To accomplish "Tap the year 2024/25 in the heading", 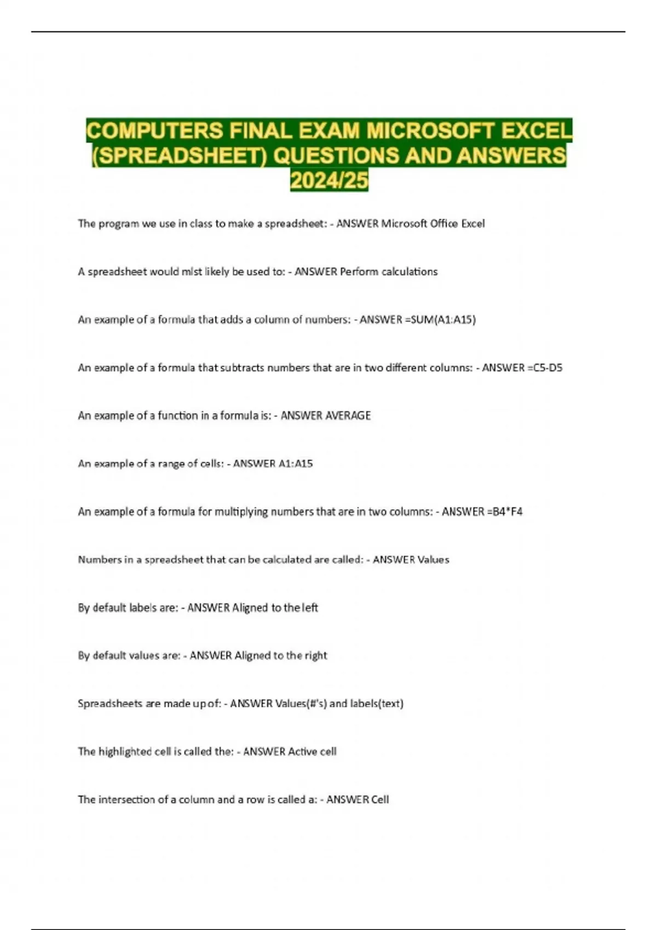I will point(329,180).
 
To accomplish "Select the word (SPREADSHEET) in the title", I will point(178,156).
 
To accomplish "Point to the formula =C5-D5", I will point(544,368).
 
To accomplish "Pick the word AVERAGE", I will point(348,416).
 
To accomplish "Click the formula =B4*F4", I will point(504,512).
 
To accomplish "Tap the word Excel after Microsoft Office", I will point(473,224).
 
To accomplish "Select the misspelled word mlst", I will point(192,272).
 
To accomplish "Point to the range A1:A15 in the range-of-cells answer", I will point(296,464).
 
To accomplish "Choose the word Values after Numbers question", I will point(433,560).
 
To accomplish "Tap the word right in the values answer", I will point(316,655).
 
